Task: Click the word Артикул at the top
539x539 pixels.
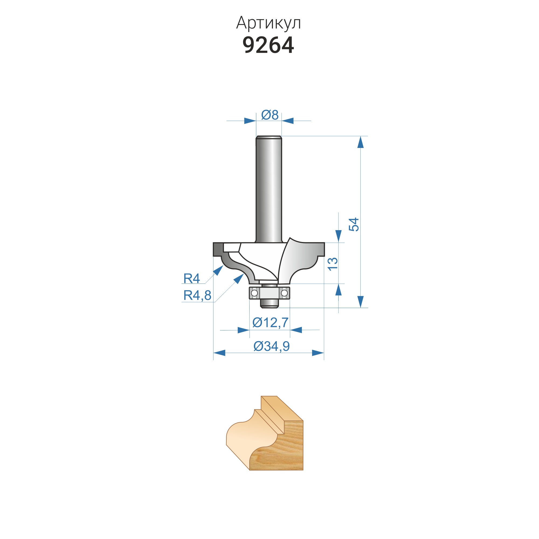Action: click(x=268, y=23)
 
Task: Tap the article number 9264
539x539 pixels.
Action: click(x=268, y=45)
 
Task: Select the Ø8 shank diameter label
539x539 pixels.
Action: click(x=270, y=115)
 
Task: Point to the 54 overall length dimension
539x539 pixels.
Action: click(x=354, y=224)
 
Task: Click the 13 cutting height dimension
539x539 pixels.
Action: click(x=333, y=264)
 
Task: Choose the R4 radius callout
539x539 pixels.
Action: click(x=192, y=278)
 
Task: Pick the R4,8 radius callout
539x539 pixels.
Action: click(x=197, y=295)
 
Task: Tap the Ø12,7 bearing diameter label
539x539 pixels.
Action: click(x=270, y=323)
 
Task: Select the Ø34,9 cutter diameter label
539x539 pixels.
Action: click(x=272, y=346)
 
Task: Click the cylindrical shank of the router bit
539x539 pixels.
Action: click(x=269, y=189)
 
